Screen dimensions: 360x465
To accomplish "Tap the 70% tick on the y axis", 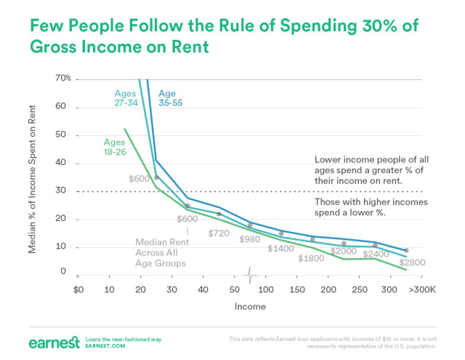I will click(x=63, y=78).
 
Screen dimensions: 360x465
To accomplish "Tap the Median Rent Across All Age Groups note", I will click(x=164, y=252).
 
